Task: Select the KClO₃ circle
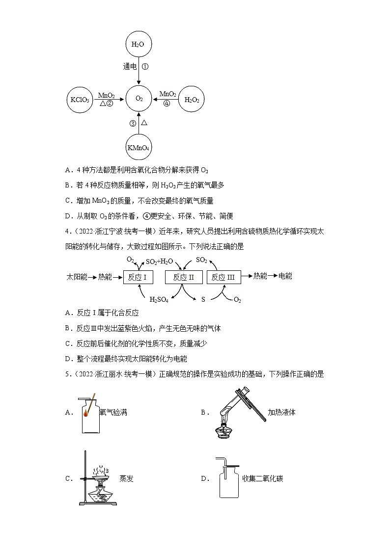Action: pyautogui.click(x=78, y=100)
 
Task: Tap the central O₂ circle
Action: pyautogui.click(x=139, y=99)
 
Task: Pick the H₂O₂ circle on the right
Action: pyautogui.click(x=191, y=100)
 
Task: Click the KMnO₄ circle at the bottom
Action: pyautogui.click(x=139, y=147)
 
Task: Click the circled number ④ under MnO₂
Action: pyautogui.click(x=167, y=104)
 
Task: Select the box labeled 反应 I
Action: pyautogui.click(x=138, y=277)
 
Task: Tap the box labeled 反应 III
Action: pyautogui.click(x=223, y=277)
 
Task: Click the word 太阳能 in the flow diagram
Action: pyautogui.click(x=76, y=277)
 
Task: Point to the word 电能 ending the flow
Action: pyautogui.click(x=285, y=276)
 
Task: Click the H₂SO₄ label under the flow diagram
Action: pyautogui.click(x=159, y=300)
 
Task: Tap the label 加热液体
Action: pyautogui.click(x=281, y=412)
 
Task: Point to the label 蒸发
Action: pyautogui.click(x=126, y=478)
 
